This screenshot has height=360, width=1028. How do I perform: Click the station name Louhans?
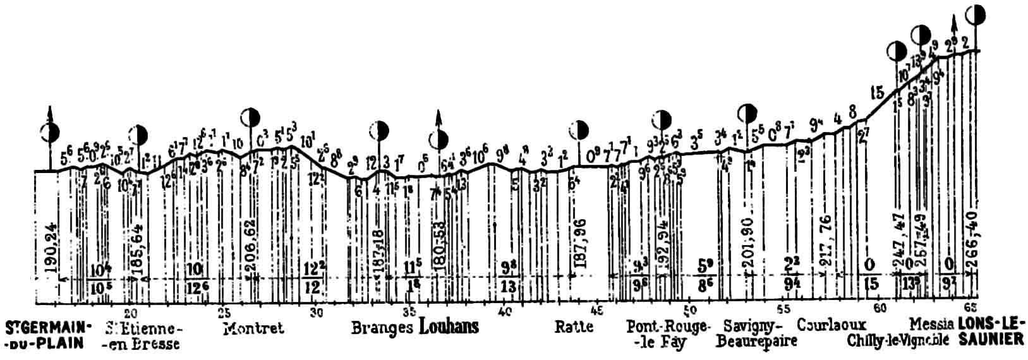449,327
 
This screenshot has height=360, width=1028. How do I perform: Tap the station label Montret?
253,328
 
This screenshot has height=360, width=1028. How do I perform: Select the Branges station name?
382,327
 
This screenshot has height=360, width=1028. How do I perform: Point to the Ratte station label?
574,327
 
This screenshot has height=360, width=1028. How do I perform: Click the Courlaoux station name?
831,325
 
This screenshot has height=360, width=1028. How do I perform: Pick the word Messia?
931,325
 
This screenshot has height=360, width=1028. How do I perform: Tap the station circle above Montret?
251,117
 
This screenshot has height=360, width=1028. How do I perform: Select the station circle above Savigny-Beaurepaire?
747,114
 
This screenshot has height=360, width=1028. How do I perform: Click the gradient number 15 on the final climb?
876,92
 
